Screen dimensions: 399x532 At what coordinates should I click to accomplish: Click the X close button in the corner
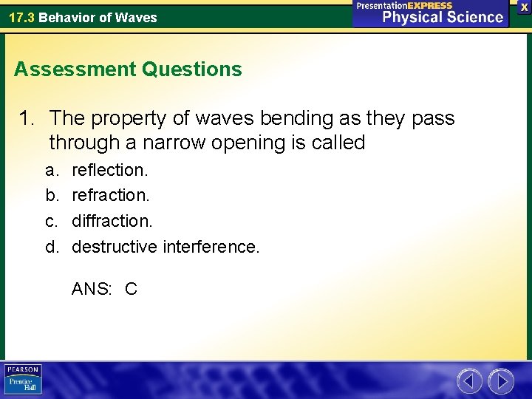(x=523, y=6)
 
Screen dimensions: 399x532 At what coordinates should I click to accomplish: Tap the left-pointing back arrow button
(x=470, y=381)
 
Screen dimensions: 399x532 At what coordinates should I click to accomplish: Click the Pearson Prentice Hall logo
(x=23, y=380)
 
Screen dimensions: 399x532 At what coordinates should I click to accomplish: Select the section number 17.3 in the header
(x=21, y=17)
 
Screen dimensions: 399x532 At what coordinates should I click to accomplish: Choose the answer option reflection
(x=109, y=170)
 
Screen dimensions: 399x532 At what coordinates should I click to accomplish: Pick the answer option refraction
(x=110, y=195)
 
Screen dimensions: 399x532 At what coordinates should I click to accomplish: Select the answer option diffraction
(x=112, y=220)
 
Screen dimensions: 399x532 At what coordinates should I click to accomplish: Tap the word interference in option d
(x=210, y=246)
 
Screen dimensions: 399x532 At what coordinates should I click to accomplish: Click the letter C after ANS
(x=131, y=289)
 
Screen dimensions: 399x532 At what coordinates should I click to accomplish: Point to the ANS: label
(x=91, y=289)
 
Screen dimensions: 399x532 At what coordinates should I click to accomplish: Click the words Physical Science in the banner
(x=443, y=17)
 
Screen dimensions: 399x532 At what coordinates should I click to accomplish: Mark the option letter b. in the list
(x=52, y=195)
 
